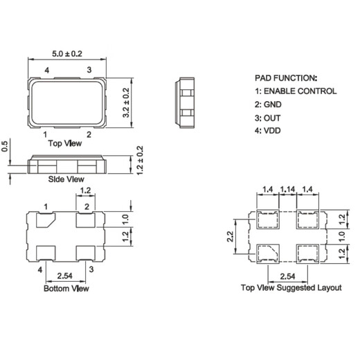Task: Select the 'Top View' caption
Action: point(65,143)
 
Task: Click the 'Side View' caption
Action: point(66,180)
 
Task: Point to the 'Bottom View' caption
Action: point(66,287)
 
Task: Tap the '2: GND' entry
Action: point(267,104)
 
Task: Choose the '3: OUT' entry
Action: point(267,117)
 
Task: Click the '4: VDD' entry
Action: point(267,131)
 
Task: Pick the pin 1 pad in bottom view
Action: point(46,222)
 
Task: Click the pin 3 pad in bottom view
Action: point(87,253)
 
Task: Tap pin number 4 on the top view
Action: point(46,71)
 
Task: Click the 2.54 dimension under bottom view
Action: point(66,274)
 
